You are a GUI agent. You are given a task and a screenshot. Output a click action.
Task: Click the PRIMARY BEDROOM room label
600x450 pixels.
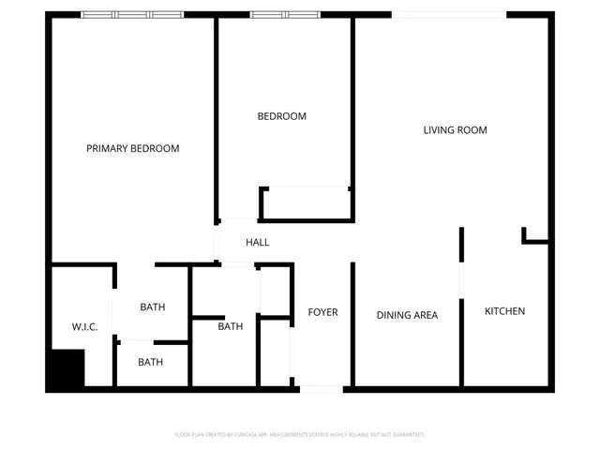coord(132,148)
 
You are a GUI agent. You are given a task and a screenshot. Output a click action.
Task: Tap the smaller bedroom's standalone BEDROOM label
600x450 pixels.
coord(282,116)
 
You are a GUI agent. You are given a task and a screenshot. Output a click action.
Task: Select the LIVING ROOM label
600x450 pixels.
coord(455,130)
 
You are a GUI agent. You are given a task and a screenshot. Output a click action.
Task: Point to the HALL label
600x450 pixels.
coord(257,242)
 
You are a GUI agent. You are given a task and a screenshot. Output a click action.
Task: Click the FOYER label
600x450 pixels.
coord(322,312)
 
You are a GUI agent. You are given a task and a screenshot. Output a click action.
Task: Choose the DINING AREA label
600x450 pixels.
coord(407,315)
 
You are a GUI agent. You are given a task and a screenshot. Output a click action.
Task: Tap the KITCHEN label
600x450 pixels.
coord(504,311)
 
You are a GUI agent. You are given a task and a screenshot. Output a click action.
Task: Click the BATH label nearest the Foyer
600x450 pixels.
coord(231,326)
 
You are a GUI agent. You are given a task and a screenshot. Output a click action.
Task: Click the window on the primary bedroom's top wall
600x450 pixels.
coord(130,15)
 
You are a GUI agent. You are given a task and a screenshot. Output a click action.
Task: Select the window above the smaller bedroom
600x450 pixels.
coord(284,15)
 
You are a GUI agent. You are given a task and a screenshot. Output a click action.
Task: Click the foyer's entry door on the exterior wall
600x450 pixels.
coord(321,387)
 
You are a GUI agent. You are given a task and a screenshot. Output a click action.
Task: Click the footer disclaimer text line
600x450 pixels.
coord(300,435)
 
